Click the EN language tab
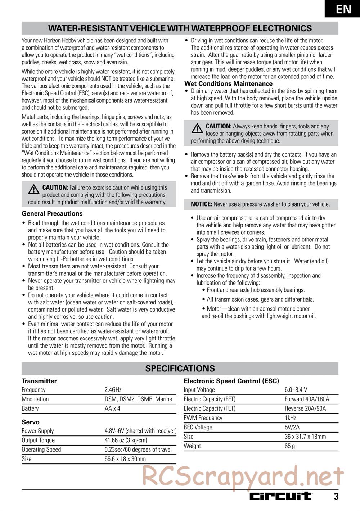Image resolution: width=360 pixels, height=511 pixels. coord(344,9)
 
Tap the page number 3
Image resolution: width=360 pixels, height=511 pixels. coord(336,497)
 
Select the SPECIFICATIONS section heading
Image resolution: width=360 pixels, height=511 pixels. coord(180,368)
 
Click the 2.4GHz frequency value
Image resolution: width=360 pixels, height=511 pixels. coord(113,390)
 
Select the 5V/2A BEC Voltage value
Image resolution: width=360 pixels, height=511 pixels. coord(292,427)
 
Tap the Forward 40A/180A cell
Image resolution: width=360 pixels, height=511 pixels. coord(307,399)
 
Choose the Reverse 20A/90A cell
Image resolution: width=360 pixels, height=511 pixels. coord(306,408)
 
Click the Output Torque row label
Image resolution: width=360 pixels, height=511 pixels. coord(38,440)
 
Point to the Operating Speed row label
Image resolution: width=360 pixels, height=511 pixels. coord(41,449)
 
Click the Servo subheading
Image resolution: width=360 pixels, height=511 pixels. coord(31,422)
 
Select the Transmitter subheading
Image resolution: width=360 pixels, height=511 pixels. coord(39,381)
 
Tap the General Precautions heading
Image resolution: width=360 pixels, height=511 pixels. coord(52,213)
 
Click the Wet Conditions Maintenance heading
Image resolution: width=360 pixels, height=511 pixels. coord(228,84)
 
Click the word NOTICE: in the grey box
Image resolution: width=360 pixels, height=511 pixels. coord(201,204)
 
